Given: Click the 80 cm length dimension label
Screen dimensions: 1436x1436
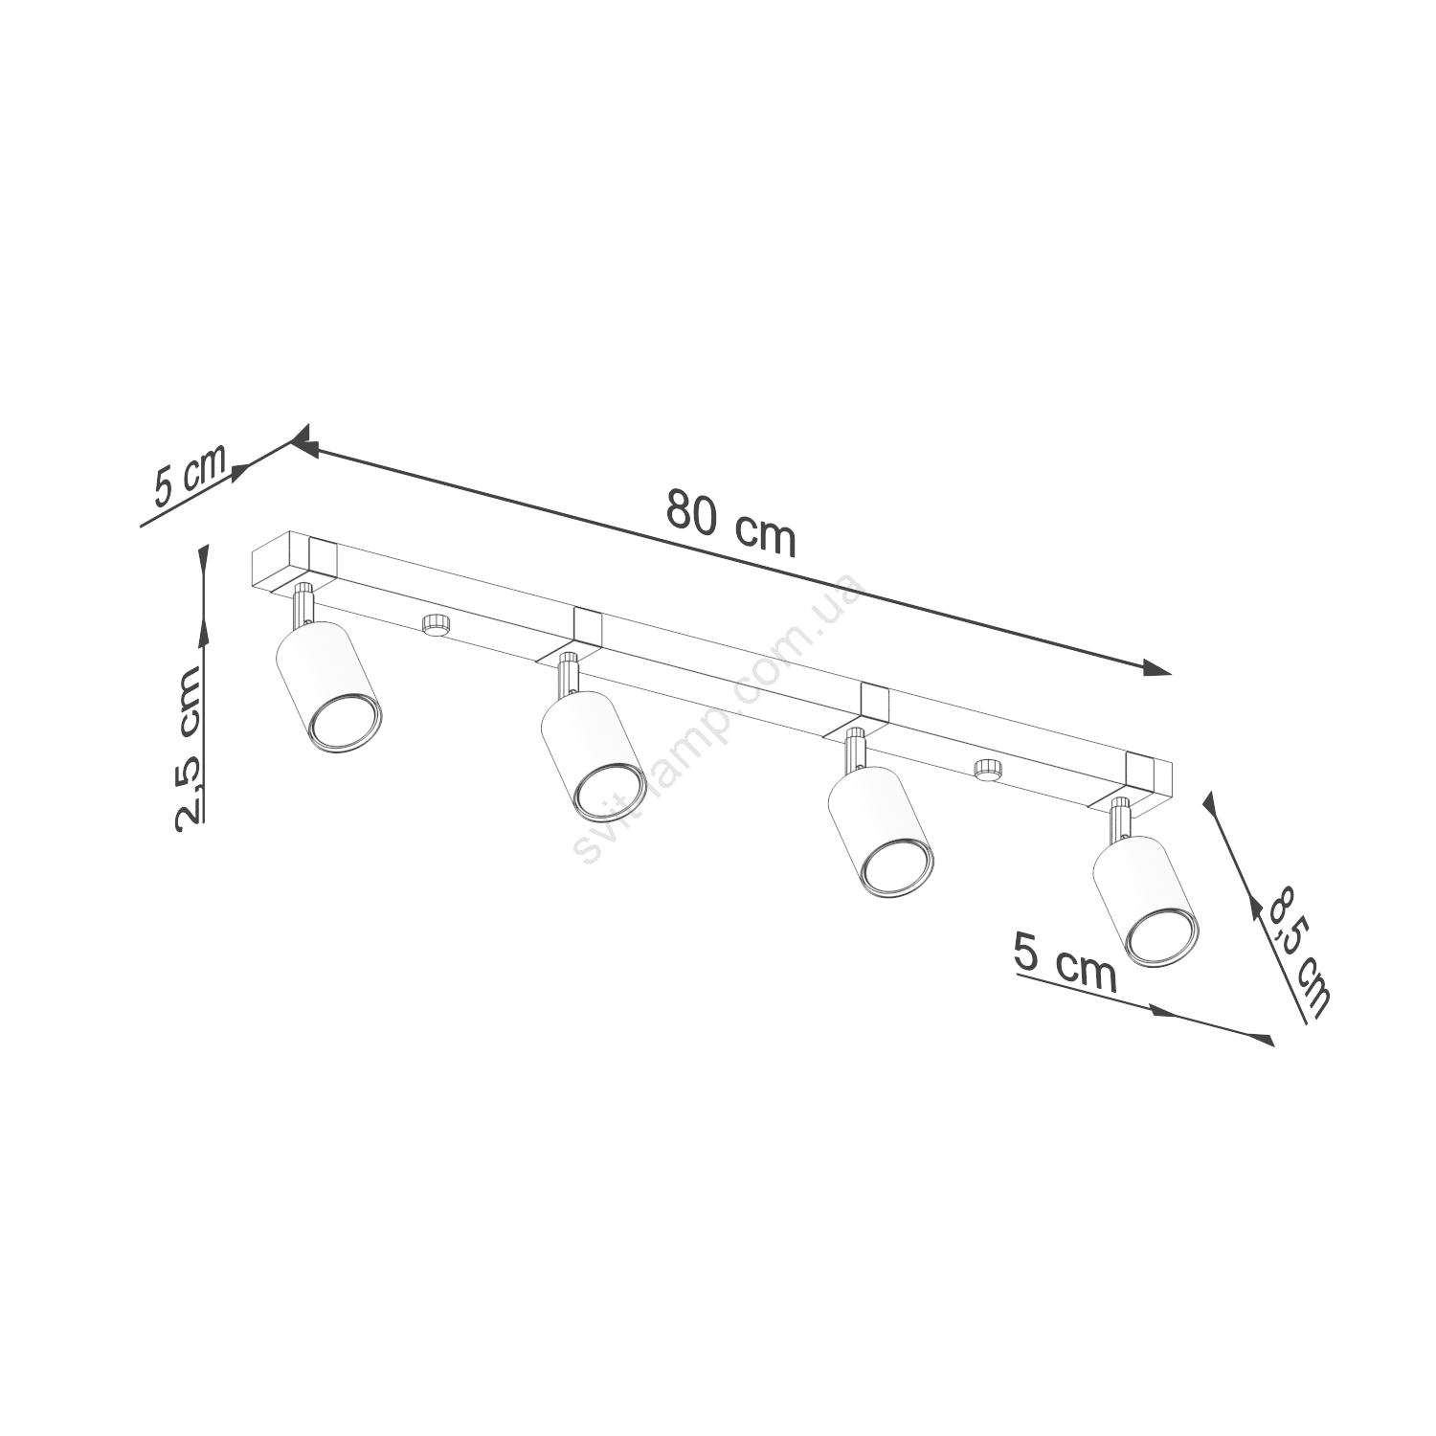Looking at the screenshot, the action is coord(731,523).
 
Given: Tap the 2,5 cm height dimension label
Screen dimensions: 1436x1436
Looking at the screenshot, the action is coord(188,747).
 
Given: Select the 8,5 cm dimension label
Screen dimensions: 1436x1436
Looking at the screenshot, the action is coord(1298,954).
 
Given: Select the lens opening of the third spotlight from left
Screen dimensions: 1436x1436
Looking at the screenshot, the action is coord(897,868).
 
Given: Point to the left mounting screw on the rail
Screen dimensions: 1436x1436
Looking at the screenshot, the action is coord(437,624).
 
